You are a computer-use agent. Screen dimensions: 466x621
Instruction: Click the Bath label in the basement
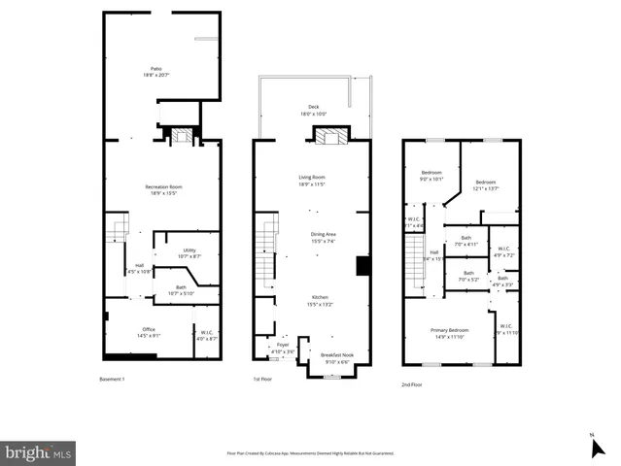[x=181, y=289]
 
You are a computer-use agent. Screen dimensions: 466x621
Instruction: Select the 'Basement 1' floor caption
[x=114, y=379]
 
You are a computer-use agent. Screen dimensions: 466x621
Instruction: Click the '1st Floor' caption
[x=262, y=379]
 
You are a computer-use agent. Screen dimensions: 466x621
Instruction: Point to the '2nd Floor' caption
[x=412, y=384]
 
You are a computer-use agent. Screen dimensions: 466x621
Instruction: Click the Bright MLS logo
[x=39, y=452]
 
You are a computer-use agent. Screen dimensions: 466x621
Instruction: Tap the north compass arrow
[x=597, y=447]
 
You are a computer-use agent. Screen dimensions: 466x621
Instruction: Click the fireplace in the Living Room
[x=328, y=137]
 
